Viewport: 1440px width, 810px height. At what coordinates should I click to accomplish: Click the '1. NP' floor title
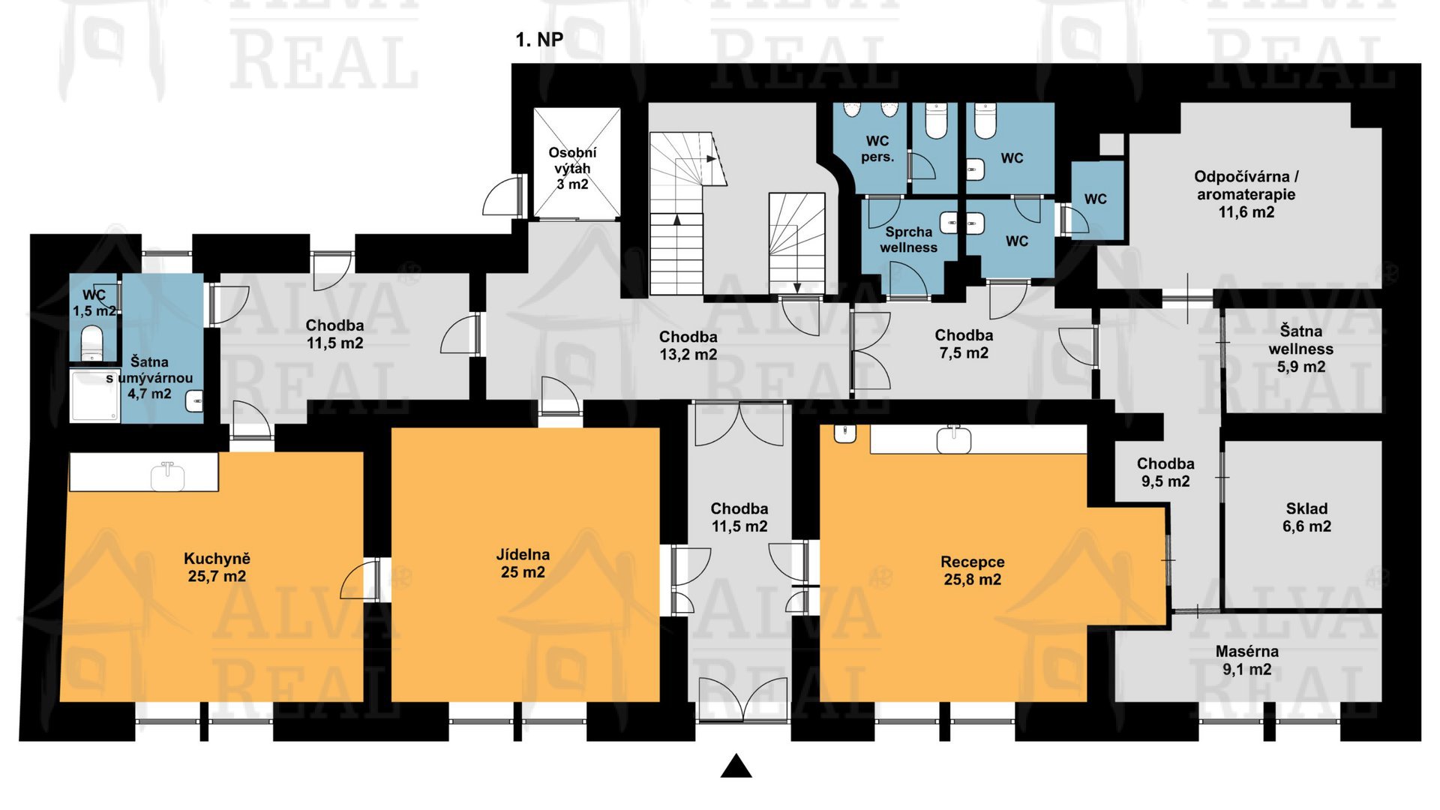point(539,40)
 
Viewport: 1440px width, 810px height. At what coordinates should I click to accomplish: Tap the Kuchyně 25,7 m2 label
point(217,568)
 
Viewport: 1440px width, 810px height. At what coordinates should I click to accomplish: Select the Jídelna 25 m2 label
point(523,563)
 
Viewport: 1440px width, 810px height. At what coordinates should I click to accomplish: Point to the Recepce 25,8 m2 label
point(973,571)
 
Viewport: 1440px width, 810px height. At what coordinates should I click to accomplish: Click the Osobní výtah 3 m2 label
point(572,169)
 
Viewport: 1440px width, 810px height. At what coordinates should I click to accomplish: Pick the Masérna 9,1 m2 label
point(1247,661)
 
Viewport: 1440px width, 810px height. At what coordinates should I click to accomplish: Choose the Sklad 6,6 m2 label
point(1306,517)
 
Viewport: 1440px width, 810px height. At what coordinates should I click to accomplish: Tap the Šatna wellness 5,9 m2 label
point(1301,349)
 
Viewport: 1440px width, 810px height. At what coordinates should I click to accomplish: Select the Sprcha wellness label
point(908,240)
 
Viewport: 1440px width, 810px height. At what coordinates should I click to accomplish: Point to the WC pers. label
point(877,149)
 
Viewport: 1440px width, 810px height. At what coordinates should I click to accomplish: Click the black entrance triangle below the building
point(736,766)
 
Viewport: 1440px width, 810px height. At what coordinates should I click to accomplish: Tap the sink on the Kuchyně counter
point(167,475)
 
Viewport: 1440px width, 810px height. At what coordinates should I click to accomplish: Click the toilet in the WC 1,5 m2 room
point(92,343)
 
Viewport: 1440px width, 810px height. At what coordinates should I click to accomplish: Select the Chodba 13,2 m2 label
point(688,346)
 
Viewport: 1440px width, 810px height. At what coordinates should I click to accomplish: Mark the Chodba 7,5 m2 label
point(964,344)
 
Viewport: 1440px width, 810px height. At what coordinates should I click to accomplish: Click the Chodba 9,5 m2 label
point(1165,472)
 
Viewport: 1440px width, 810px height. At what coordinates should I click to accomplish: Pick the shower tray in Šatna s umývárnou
point(94,395)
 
